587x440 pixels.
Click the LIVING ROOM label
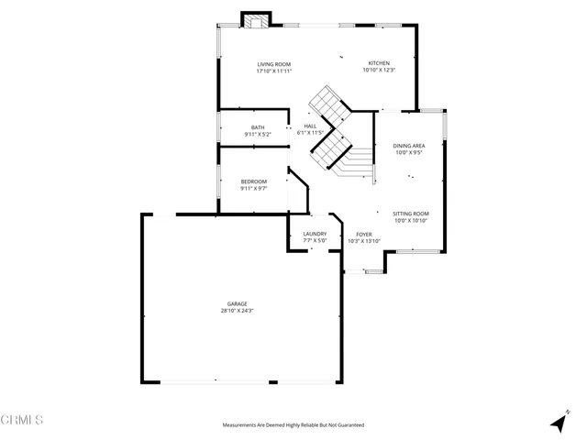pyautogui.click(x=273, y=64)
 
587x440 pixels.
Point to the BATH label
pyautogui.click(x=258, y=127)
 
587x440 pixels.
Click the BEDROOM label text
pyautogui.click(x=254, y=181)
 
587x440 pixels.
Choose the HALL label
pyautogui.click(x=310, y=126)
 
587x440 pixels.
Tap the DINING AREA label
pyautogui.click(x=408, y=146)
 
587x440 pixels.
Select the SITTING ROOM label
pyautogui.click(x=411, y=213)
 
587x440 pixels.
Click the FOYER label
pyautogui.click(x=364, y=234)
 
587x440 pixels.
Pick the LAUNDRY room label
pyautogui.click(x=315, y=234)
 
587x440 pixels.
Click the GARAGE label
pyautogui.click(x=238, y=303)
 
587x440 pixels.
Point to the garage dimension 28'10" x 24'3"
pyautogui.click(x=238, y=311)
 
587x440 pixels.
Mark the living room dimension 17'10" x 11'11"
pyautogui.click(x=273, y=71)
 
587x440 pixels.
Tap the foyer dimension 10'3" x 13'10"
pyautogui.click(x=364, y=240)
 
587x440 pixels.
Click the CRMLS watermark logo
pyautogui.click(x=22, y=420)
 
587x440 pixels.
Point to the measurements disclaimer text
pyautogui.click(x=293, y=425)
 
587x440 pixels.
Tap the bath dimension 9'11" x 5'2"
pyautogui.click(x=258, y=134)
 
